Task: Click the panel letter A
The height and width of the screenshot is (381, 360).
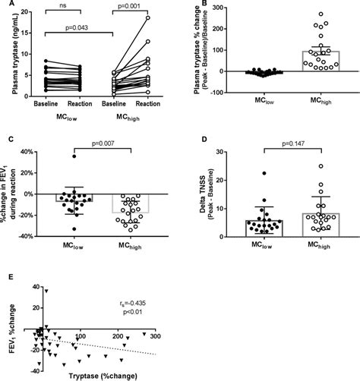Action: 5,5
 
